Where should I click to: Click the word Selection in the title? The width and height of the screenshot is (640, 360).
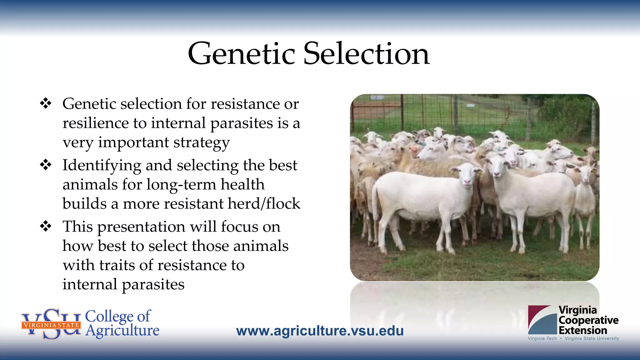pyautogui.click(x=366, y=54)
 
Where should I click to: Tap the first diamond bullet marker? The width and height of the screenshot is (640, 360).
pyautogui.click(x=46, y=103)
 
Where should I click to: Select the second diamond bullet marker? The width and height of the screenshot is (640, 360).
pyautogui.click(x=46, y=165)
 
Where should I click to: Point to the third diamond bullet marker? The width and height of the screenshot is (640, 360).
pyautogui.click(x=46, y=226)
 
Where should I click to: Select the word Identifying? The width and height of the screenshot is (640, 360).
pyautogui.click(x=102, y=166)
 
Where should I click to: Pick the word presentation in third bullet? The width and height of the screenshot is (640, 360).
pyautogui.click(x=141, y=227)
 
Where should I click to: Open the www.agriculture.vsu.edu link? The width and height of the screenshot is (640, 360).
pyautogui.click(x=320, y=331)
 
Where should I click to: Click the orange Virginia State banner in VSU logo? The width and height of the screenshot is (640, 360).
pyautogui.click(x=51, y=325)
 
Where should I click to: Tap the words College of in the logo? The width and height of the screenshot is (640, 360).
pyautogui.click(x=118, y=316)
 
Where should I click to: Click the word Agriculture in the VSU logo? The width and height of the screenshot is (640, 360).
pyautogui.click(x=122, y=331)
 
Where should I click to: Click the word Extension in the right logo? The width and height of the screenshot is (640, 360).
pyautogui.click(x=582, y=330)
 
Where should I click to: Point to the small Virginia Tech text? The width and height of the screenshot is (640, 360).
pyautogui.click(x=542, y=338)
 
